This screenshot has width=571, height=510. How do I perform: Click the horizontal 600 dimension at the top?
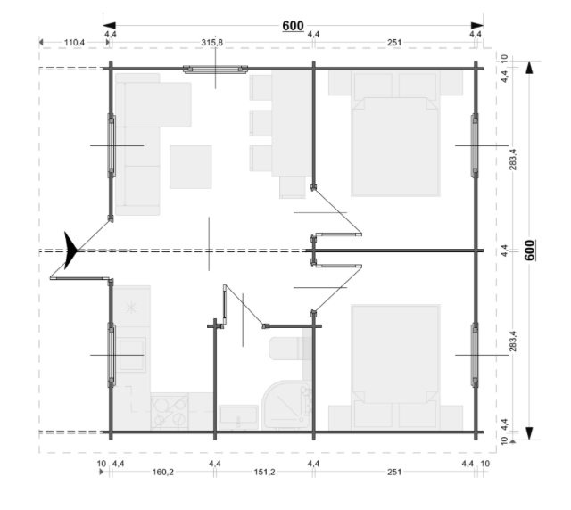coord(294,26)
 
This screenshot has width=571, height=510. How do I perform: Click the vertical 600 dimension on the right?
coord(529,250)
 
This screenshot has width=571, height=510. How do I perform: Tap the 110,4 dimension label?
coord(74,43)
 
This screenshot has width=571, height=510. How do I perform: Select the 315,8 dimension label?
coord(212,43)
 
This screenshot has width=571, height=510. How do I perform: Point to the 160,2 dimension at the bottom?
coord(162,473)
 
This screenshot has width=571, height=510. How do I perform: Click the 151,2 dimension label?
coord(264,473)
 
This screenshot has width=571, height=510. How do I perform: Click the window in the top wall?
coord(215,70)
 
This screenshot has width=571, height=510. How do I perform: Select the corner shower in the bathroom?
coord(287,405)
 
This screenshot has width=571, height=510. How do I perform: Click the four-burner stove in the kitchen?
coord(170,411)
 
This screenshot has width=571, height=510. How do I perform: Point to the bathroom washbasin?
coord(238,417)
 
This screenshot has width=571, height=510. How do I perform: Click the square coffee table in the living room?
coord(191,167)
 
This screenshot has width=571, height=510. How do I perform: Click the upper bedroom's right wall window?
coord(475,145)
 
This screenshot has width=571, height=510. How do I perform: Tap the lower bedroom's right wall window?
coord(475,355)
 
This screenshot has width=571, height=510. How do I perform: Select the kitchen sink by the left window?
coord(131,355)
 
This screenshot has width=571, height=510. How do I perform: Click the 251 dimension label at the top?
coord(394,43)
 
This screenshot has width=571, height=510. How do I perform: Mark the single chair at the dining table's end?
coord(293,187)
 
